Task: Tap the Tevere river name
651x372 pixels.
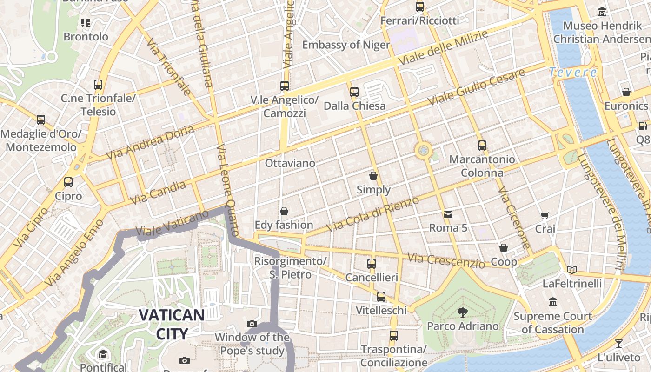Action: pyautogui.click(x=573, y=73)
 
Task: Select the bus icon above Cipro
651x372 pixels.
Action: pyautogui.click(x=68, y=182)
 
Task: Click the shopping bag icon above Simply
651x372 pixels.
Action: pyautogui.click(x=373, y=176)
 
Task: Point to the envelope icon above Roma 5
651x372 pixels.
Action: pyautogui.click(x=448, y=214)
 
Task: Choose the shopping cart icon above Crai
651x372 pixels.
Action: pyautogui.click(x=545, y=215)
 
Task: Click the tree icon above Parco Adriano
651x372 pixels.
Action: pyautogui.click(x=462, y=312)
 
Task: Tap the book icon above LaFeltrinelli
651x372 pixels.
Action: pyautogui.click(x=572, y=270)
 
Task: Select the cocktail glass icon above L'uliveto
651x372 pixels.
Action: pyautogui.click(x=619, y=344)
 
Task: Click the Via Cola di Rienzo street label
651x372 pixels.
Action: pyautogui.click(x=372, y=214)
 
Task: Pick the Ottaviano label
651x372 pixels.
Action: pyautogui.click(x=290, y=163)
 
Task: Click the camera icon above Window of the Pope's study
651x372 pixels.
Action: pyautogui.click(x=252, y=324)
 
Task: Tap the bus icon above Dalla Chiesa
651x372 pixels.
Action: pyautogui.click(x=354, y=92)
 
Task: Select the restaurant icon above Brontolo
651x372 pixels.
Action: pyautogui.click(x=86, y=22)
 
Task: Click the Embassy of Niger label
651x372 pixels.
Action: pyautogui.click(x=346, y=45)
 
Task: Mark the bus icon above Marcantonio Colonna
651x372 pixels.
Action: pyautogui.click(x=482, y=145)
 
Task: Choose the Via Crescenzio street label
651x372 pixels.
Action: pyautogui.click(x=446, y=260)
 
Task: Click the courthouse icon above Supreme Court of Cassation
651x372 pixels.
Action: pyautogui.click(x=553, y=302)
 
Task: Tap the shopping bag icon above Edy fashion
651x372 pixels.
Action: pyautogui.click(x=284, y=211)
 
